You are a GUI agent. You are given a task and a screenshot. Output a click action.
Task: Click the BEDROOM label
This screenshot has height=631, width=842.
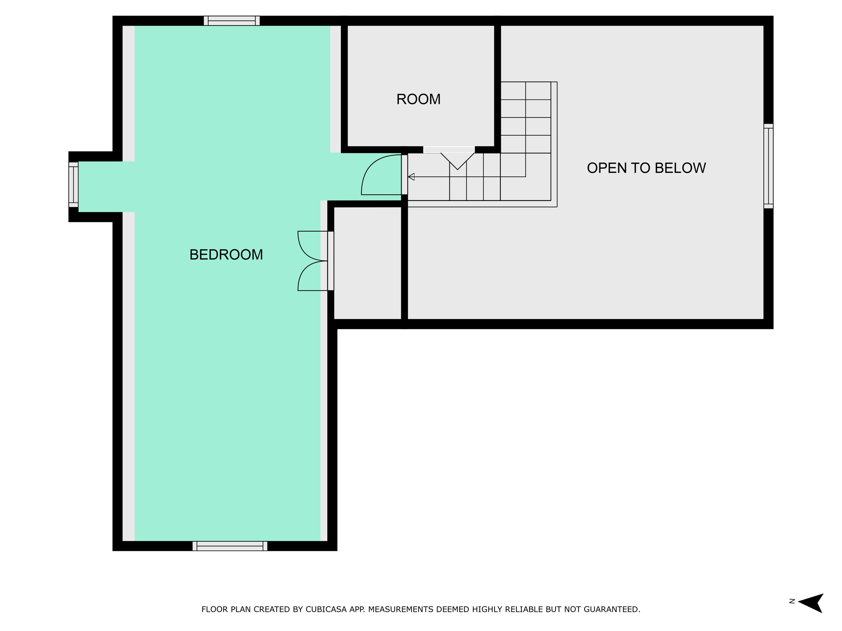(x=226, y=255)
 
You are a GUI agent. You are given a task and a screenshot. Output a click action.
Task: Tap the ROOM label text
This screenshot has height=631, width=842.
(x=419, y=99)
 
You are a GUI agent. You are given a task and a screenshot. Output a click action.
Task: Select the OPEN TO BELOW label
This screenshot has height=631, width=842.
(x=646, y=168)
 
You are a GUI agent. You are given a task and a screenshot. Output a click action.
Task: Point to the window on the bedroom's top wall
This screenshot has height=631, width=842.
(x=232, y=21)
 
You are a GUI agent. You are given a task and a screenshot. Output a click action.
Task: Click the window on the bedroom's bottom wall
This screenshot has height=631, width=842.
(x=230, y=546)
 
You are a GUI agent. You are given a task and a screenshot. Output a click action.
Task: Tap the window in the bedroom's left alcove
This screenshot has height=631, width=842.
(x=73, y=184)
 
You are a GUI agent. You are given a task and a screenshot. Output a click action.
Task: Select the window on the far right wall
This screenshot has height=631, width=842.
(x=768, y=166)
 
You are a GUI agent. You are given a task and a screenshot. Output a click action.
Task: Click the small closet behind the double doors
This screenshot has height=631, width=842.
(x=368, y=263)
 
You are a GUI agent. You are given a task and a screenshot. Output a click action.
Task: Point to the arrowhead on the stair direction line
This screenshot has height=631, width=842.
(x=411, y=177)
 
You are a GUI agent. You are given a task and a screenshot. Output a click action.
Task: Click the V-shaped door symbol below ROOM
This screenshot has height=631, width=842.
(x=458, y=161)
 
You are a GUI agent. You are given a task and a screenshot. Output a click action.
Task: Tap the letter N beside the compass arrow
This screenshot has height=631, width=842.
(x=792, y=601)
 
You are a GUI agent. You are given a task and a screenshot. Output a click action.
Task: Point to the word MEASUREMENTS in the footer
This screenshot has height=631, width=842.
(x=400, y=610)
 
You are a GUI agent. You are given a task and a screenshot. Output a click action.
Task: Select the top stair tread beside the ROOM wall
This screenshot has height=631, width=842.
(x=525, y=91)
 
